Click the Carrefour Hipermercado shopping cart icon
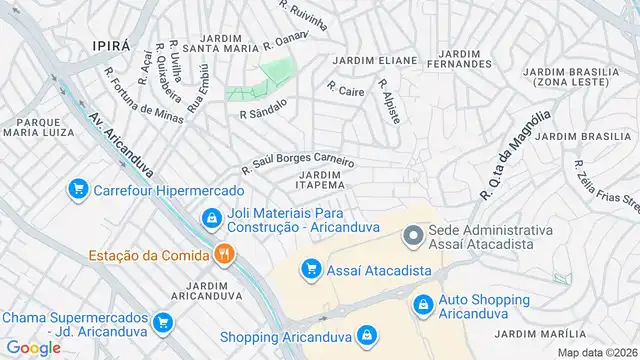click(77, 189)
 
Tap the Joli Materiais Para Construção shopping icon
click(211, 217)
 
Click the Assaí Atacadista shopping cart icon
click(311, 269)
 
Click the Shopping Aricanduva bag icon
click(367, 335)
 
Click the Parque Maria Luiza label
click(33, 127)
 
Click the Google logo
click(32, 348)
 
